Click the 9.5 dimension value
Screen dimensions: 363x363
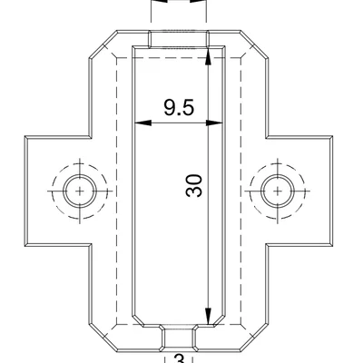coord(179,108)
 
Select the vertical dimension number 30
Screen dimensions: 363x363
coord(192,185)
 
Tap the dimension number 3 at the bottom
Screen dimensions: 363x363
coord(179,359)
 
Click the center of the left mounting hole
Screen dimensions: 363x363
coord(80,191)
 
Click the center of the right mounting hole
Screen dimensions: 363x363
coord(278,191)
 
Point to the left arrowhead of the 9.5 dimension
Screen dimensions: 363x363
coord(139,122)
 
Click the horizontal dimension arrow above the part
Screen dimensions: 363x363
coord(179,3)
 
